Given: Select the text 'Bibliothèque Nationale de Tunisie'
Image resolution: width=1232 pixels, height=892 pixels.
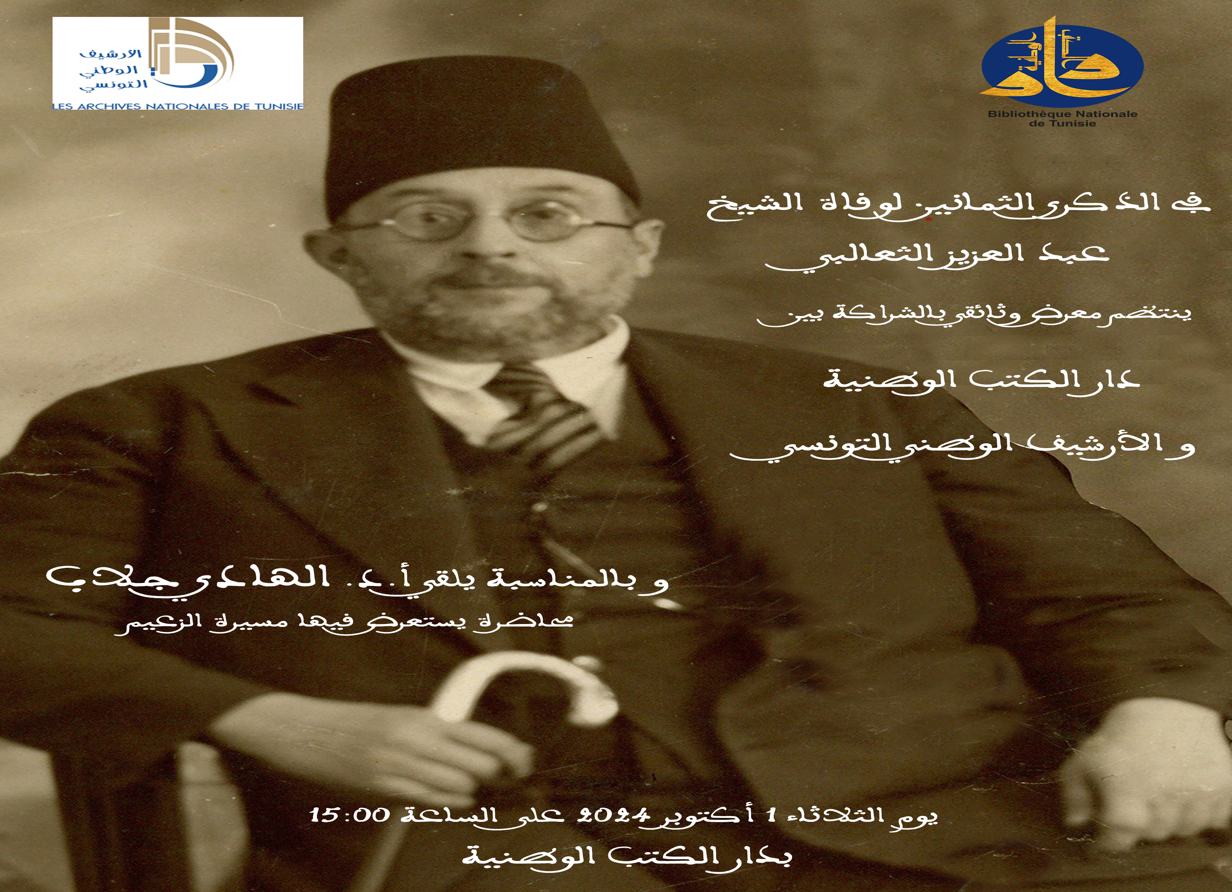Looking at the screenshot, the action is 1061,118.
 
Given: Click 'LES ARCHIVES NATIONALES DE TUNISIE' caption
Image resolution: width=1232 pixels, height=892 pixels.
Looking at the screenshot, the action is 178,106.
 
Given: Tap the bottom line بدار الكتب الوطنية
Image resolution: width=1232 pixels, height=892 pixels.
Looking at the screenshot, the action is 627,857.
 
